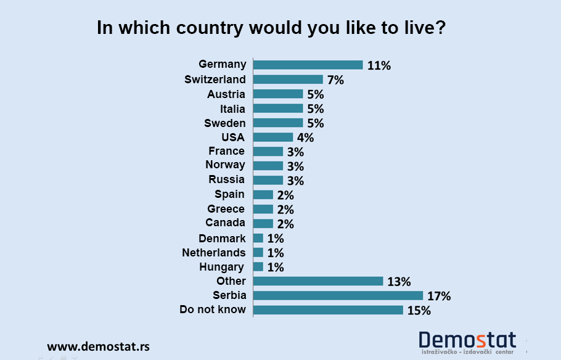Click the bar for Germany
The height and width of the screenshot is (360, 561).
tap(308, 65)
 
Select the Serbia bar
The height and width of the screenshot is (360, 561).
tap(338, 296)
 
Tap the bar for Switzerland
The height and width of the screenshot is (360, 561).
tap(288, 80)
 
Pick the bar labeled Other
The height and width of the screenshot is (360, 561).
tap(318, 281)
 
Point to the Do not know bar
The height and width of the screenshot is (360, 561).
tap(328, 310)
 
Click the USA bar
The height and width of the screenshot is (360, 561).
tap(273, 137)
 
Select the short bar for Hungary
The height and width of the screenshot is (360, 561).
tap(258, 267)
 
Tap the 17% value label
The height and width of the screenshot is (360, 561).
tap(440, 297)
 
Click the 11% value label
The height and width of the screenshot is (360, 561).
tap(379, 65)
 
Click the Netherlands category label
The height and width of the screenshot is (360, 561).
tap(213, 252)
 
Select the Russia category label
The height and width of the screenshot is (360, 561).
tap(226, 179)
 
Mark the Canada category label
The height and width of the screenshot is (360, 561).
tap(225, 223)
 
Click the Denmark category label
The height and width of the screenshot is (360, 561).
tap(222, 238)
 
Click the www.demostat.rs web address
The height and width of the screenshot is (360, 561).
tap(99, 346)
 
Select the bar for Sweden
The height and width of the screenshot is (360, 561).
tap(278, 123)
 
